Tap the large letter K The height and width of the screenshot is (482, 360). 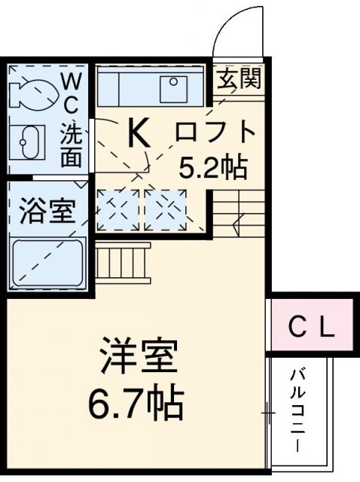[139, 135]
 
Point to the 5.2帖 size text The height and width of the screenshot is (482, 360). [213, 167]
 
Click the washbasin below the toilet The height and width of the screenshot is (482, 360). [28, 142]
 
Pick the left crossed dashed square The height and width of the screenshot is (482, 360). [118, 209]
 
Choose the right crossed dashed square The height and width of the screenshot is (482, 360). [165, 209]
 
